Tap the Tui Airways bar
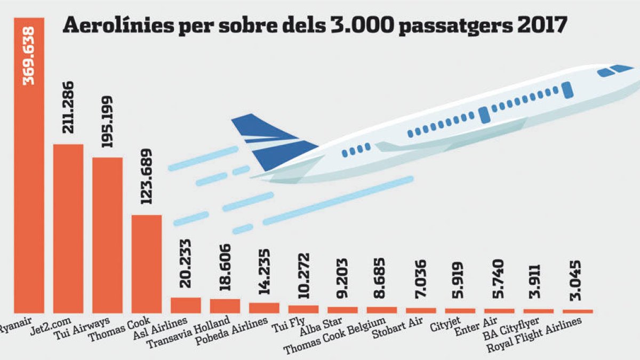107,235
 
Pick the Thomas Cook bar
147,263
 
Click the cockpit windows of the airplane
613,70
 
